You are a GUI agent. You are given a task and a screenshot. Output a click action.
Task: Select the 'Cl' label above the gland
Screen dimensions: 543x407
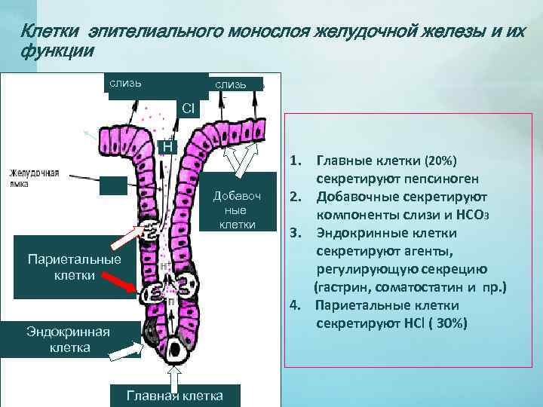[188, 109]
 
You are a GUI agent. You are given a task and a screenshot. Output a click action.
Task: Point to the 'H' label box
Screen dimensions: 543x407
[167, 145]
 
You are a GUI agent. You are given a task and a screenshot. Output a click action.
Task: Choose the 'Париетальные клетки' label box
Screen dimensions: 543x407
[63, 268]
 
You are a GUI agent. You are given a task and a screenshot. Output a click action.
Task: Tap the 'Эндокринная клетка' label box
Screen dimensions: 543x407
[69, 339]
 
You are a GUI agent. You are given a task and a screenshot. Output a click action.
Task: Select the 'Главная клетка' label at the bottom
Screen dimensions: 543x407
[174, 396]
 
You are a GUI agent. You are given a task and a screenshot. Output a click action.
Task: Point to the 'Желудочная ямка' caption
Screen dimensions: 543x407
[34, 178]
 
